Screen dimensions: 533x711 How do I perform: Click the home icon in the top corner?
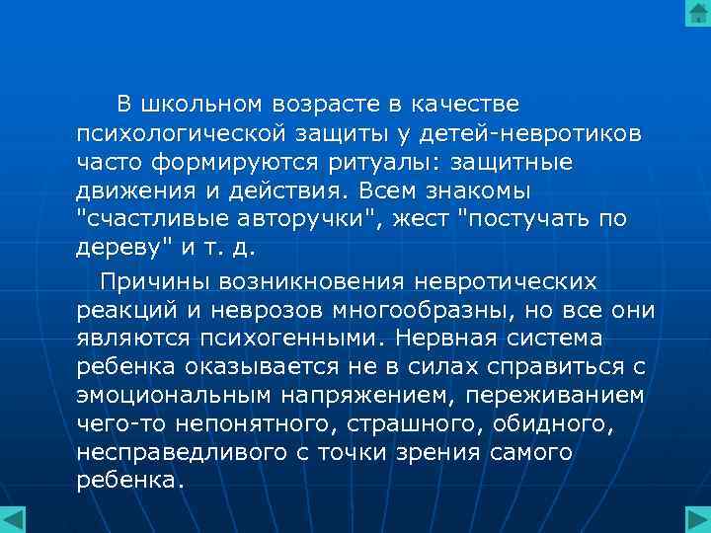click(697, 14)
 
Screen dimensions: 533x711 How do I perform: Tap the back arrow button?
click(13, 519)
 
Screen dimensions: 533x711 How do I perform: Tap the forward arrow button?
click(697, 519)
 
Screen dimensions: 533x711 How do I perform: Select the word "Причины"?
click(148, 282)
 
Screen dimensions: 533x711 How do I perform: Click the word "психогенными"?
click(283, 339)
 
